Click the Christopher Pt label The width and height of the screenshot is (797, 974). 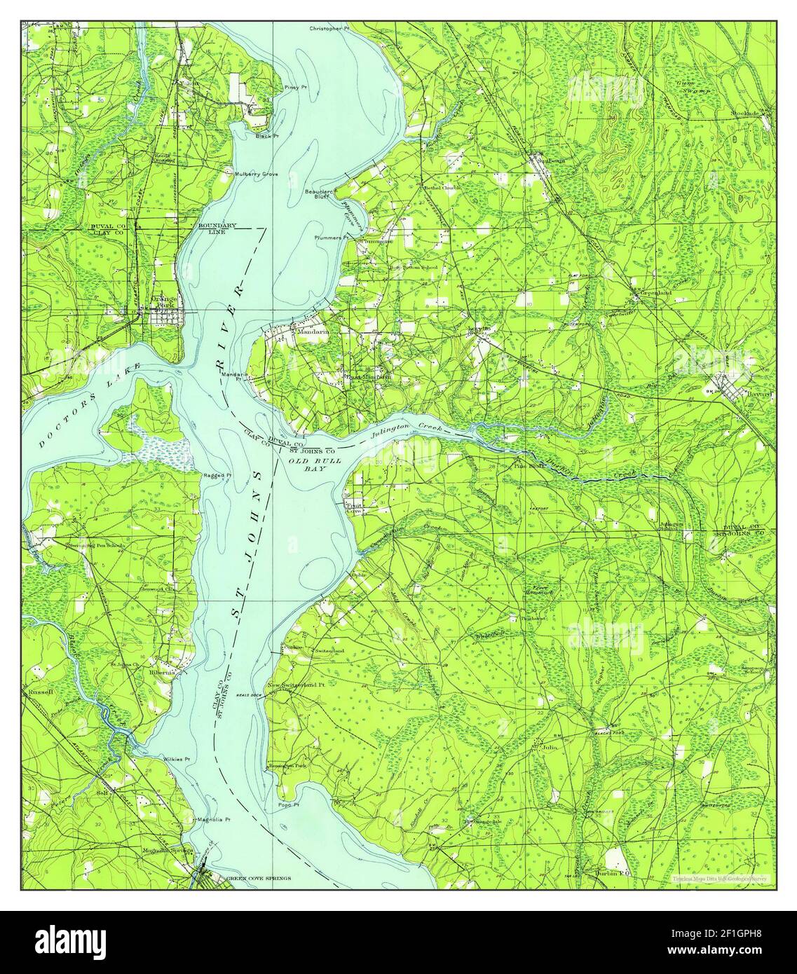click(x=329, y=29)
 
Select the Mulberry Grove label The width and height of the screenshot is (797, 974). click(x=257, y=172)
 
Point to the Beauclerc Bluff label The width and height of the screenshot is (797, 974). click(x=318, y=194)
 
